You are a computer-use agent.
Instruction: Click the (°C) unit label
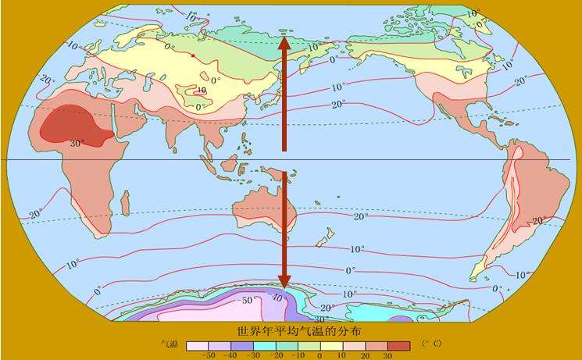click(x=431, y=344)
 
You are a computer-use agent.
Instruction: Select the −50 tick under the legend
click(x=209, y=355)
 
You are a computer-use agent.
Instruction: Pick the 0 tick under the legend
click(x=320, y=355)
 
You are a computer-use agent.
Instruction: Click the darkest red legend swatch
click(x=399, y=345)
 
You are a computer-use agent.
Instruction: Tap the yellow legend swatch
click(x=331, y=345)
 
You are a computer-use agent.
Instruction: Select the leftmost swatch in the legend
click(x=195, y=345)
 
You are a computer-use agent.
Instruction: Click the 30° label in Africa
click(x=77, y=143)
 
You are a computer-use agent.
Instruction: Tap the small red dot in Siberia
click(x=193, y=55)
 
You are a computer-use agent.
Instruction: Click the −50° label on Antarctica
click(x=248, y=299)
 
